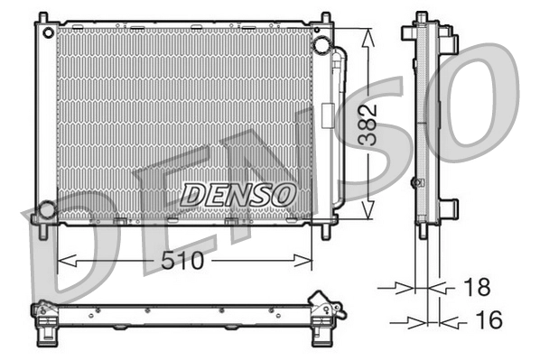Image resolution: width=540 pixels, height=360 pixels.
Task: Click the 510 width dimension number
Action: (x=184, y=262)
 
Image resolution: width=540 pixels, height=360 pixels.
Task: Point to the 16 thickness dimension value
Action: (x=487, y=319)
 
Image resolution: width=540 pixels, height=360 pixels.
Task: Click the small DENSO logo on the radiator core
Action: (x=238, y=192)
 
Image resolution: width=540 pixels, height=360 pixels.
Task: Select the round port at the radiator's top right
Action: (x=321, y=44)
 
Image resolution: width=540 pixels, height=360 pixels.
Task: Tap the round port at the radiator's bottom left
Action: (x=45, y=210)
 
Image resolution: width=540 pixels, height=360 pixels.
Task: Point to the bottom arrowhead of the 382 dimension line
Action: (x=368, y=212)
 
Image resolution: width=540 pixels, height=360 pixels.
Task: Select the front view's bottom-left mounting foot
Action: (x=42, y=229)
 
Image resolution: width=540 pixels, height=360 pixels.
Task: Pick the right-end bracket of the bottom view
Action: (x=325, y=308)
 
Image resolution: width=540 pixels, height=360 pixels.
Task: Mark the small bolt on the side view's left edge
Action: (x=414, y=182)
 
